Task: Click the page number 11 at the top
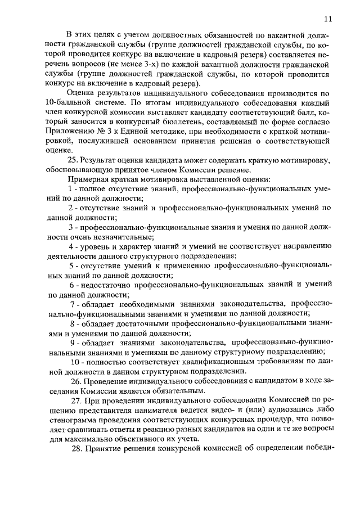[x=328, y=19]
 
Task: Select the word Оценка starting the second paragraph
[x=81, y=93]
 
